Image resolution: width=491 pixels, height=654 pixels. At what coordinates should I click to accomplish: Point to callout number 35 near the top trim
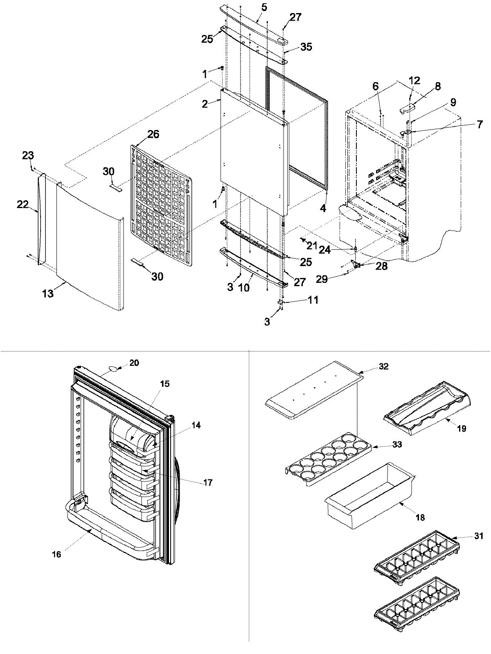click(x=306, y=47)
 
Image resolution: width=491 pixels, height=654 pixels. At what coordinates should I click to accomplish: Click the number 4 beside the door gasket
click(x=323, y=208)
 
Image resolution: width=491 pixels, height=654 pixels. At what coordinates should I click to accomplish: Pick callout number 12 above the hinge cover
click(x=414, y=81)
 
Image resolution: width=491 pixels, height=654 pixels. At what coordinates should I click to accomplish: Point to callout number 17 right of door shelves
click(x=207, y=483)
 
